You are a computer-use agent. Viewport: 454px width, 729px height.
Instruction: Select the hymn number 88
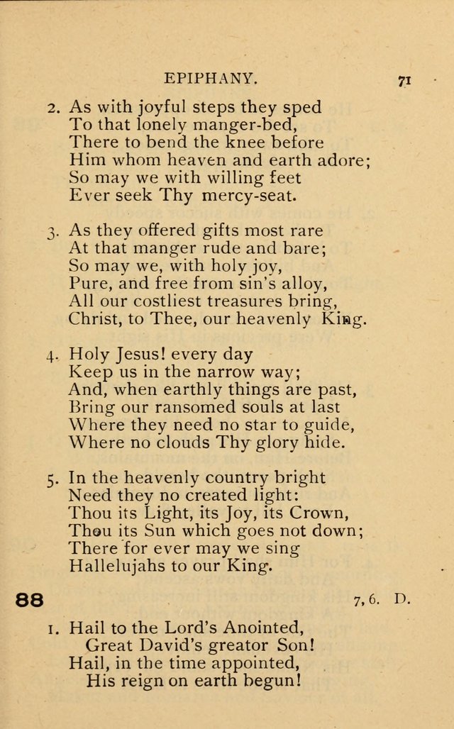coord(30,600)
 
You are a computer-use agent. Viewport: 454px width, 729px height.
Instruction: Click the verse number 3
coord(53,232)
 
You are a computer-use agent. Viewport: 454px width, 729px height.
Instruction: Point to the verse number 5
coord(53,479)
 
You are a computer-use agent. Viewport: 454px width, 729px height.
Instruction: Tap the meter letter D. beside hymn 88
coord(402,599)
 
